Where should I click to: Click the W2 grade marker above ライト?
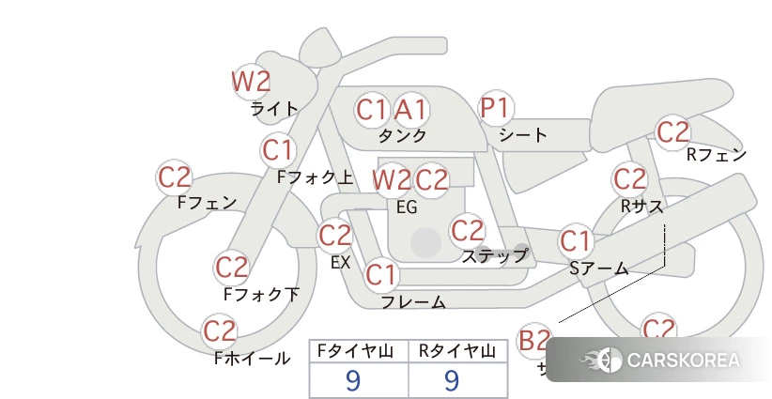coord(251,82)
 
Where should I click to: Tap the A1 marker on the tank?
coord(410,110)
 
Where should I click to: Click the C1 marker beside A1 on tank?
coord(372,110)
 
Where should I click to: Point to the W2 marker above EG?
coord(392,178)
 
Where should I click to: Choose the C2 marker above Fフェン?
coord(175,177)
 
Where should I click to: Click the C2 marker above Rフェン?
coord(672,132)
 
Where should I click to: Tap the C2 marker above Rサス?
coord(628,178)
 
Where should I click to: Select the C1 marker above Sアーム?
coord(576,240)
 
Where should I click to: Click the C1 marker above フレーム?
coord(381,275)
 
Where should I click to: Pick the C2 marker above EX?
coord(335,235)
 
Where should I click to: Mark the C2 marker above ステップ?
coord(467,229)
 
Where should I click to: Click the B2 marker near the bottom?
coord(534,340)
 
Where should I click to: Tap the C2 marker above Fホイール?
coord(220,330)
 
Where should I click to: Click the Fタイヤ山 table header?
coord(359,351)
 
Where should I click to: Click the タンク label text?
coord(403,136)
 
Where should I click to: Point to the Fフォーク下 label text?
coord(261,295)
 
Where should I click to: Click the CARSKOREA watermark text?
coord(683,361)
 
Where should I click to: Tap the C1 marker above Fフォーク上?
coord(278,149)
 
